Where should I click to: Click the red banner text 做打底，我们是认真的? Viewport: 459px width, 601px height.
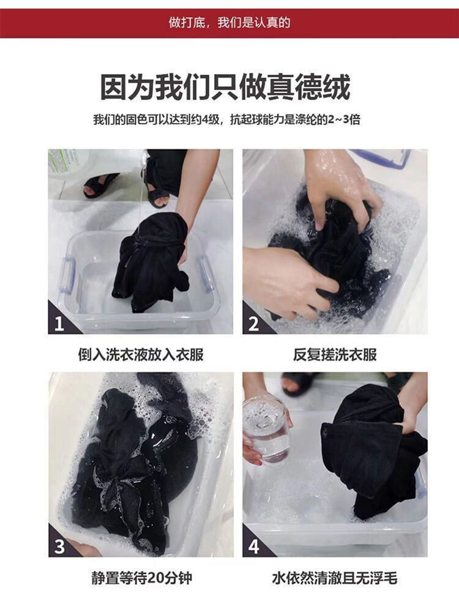[229, 23]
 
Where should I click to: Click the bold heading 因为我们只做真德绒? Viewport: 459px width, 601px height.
[225, 87]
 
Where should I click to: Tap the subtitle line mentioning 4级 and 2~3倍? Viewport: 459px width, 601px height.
[226, 120]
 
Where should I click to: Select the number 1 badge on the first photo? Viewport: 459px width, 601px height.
[59, 324]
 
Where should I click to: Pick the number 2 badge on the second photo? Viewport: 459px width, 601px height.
[253, 324]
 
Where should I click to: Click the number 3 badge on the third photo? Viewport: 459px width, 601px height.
[59, 547]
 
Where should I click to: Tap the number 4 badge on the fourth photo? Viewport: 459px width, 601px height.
[253, 547]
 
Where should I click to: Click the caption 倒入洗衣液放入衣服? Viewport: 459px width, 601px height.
[141, 354]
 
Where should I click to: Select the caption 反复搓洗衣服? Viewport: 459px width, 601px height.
[335, 354]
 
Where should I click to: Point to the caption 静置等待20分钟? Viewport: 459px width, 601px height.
[142, 578]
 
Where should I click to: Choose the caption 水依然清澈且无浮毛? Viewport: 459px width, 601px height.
[335, 578]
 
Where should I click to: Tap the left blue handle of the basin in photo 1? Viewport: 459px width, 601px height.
[68, 275]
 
